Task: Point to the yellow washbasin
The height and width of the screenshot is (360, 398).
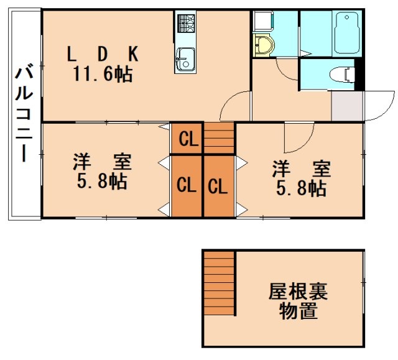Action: pos(264,45)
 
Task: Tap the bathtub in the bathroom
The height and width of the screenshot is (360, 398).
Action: pos(346,32)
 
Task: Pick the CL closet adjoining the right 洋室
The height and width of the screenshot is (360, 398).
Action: pos(218,185)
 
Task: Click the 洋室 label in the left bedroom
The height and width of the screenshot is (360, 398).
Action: pos(102,164)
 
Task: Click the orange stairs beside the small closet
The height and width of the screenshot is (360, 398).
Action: pos(219,138)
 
